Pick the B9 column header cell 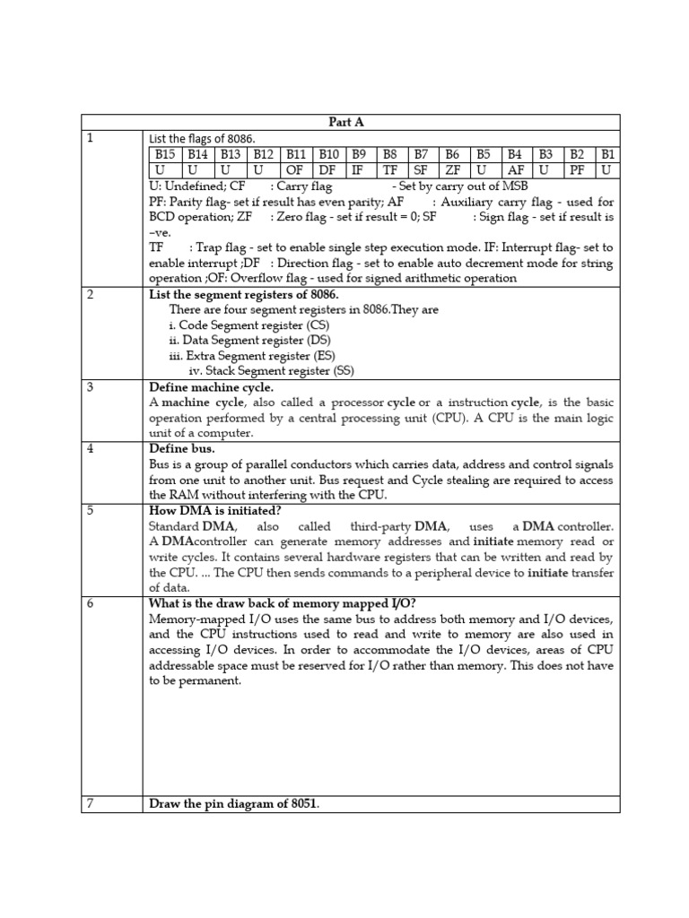[x=360, y=154]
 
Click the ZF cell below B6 [x=453, y=170]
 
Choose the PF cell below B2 [x=578, y=170]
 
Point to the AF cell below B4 [x=516, y=170]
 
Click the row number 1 [x=91, y=138]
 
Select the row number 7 [x=91, y=803]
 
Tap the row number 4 [x=91, y=448]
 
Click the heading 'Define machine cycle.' [x=211, y=387]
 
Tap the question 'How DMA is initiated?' [x=214, y=510]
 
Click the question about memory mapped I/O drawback [x=294, y=603]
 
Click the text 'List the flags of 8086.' [x=202, y=138]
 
